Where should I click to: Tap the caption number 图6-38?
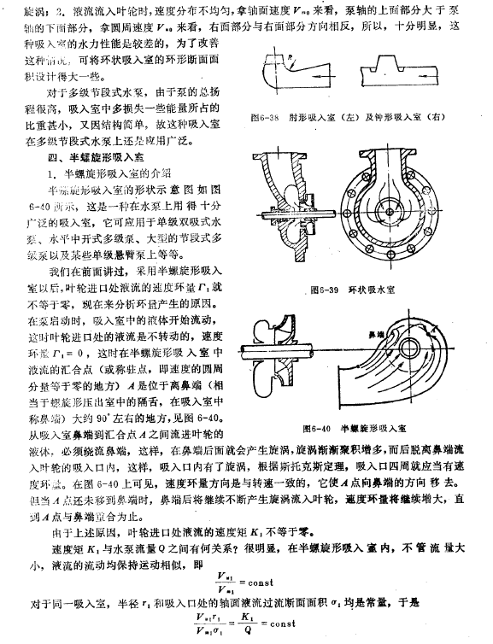(282, 117)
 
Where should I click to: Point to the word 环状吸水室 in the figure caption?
(370, 290)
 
